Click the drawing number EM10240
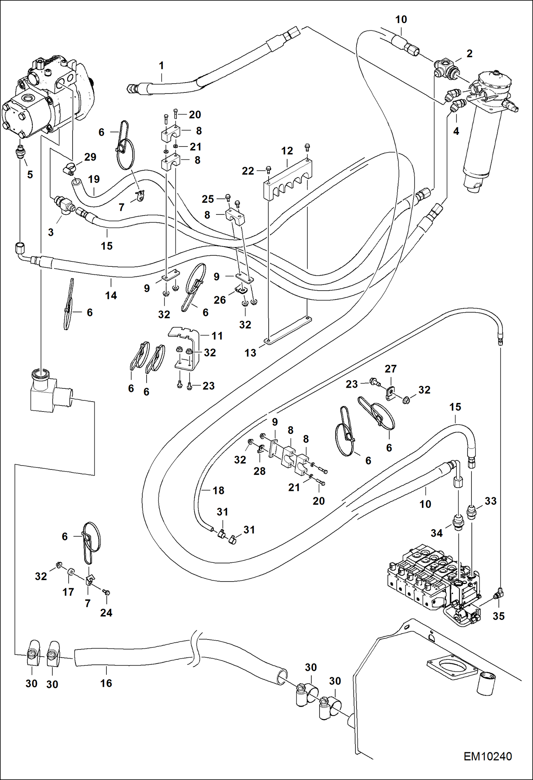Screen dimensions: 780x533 tap(487, 756)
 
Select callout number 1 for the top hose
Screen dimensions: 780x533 tap(161, 65)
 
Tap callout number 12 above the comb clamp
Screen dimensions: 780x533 tap(287, 151)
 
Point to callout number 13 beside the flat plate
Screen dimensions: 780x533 tap(250, 353)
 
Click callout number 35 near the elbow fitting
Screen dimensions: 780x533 tap(498, 616)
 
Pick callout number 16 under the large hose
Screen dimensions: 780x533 tap(106, 683)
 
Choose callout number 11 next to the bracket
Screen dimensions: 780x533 tap(217, 335)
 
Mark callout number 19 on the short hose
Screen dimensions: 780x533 tap(94, 179)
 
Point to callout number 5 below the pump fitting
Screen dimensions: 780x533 tap(30, 174)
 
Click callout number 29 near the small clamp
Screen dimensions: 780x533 tap(90, 157)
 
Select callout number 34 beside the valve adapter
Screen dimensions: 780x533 tap(437, 533)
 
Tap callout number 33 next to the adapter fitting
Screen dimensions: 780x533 tap(490, 501)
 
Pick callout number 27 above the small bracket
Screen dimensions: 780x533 tap(390, 369)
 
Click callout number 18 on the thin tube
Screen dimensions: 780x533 tap(218, 490)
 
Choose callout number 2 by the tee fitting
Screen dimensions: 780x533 tap(469, 53)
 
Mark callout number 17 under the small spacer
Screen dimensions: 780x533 tap(68, 592)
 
